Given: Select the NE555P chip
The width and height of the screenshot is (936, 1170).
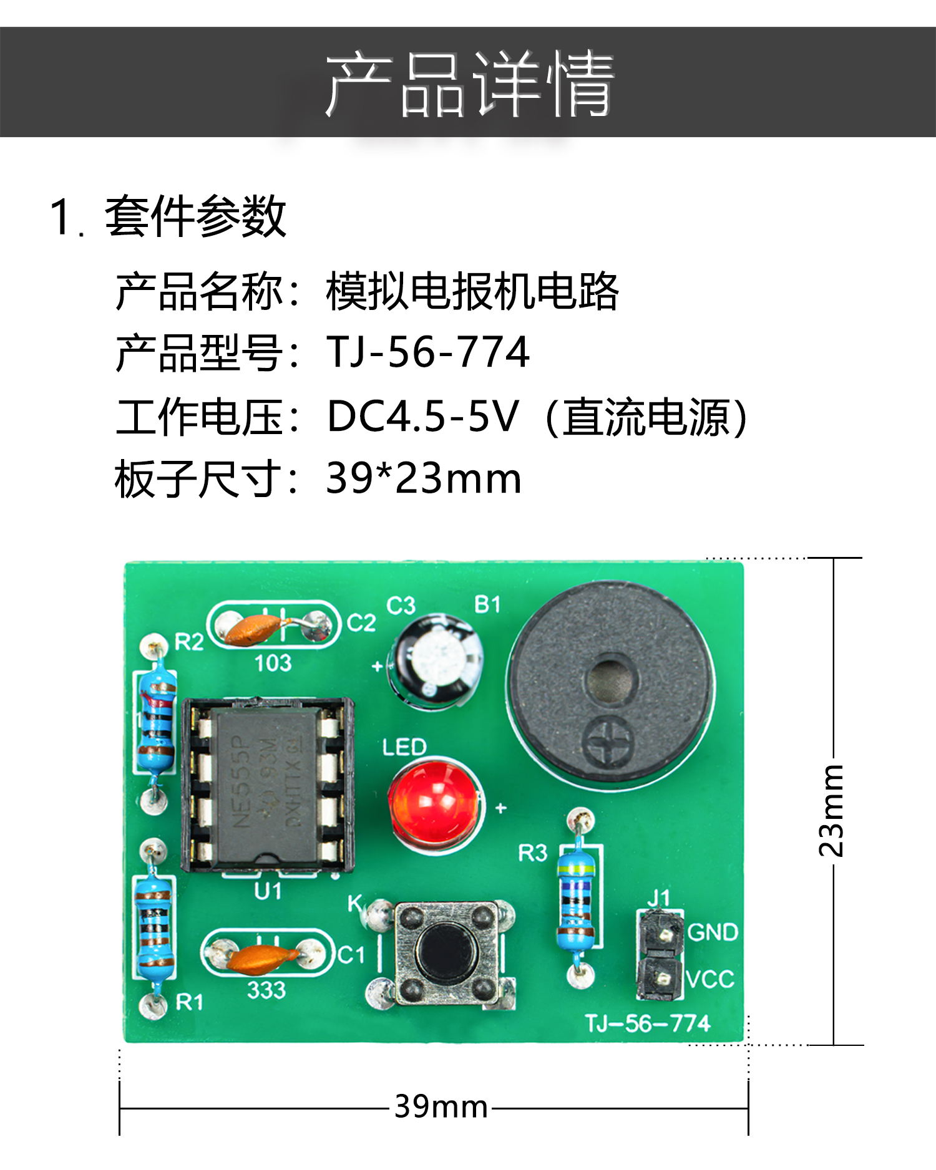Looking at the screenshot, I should [267, 784].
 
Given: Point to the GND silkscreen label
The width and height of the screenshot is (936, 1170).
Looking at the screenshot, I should [713, 932].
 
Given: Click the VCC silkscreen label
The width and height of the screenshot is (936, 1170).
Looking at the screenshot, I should [710, 979].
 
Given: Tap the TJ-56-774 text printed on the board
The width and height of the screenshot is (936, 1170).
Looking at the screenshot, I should [648, 1023].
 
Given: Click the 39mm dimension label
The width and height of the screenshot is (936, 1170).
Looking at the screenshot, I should [441, 1107].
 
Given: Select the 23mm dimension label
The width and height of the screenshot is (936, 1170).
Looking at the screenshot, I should [832, 810].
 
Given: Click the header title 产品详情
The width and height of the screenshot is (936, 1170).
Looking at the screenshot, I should [469, 84].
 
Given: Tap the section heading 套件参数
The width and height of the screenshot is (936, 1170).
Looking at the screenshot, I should [195, 216].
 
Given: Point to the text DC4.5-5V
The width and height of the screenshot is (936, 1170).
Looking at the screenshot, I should [423, 417].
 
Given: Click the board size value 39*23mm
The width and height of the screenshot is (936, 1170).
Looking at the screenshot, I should [424, 479].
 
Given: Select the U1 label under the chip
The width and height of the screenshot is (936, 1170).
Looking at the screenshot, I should [268, 891].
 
